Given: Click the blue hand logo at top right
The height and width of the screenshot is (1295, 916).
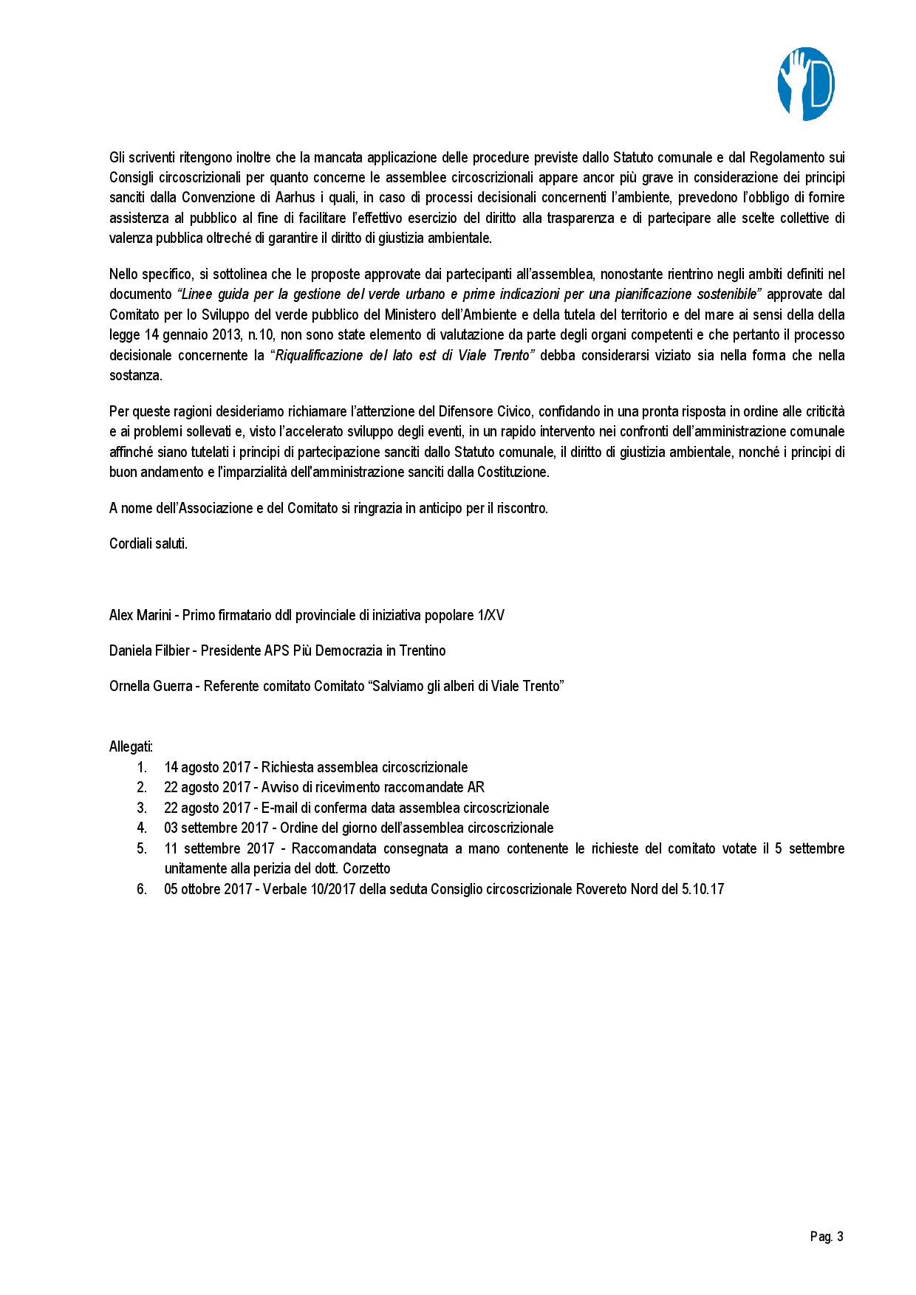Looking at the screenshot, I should pos(806,83).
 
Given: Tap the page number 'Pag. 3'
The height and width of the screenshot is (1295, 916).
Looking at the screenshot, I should pos(826,1237).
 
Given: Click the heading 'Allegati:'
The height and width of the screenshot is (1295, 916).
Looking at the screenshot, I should pos(131,746).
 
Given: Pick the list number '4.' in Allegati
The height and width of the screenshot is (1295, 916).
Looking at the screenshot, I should pos(142,828).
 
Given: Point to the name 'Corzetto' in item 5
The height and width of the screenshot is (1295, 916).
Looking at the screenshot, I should pos(366,868).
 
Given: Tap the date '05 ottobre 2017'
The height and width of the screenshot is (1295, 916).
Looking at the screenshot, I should pos(208,889).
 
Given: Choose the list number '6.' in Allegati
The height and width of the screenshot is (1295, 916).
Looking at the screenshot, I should pos(142,889).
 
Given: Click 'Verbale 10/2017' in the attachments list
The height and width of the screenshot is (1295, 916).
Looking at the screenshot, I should pos(301,889).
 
